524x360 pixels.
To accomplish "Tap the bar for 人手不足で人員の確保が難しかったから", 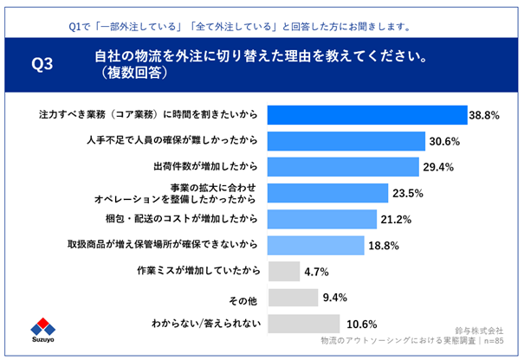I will coord(346,140).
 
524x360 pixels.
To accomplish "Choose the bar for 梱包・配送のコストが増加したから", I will coord(321,218).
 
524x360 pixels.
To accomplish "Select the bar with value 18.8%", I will coord(314,245).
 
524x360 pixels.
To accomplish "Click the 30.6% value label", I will coord(443,141).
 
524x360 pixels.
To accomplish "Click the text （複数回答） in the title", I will coord(137,74).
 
